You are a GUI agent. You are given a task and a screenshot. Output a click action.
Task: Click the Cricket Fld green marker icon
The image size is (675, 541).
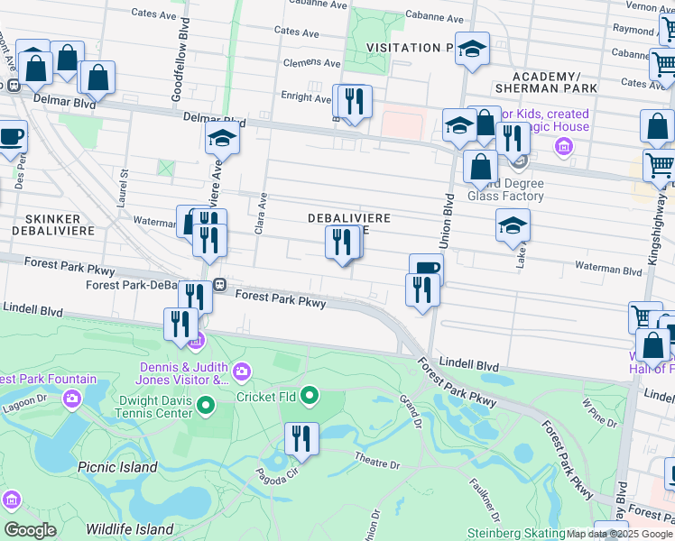[x=310, y=396]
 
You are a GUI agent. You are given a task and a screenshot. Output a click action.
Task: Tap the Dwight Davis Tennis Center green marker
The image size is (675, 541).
[x=205, y=405]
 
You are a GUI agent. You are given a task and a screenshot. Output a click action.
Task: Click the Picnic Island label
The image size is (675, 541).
[x=118, y=467]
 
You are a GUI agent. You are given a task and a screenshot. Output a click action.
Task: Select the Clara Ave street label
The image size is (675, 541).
[x=262, y=214]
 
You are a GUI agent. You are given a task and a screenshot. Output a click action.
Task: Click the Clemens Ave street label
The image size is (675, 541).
[x=312, y=64]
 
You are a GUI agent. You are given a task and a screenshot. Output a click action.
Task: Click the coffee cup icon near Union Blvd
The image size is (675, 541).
[x=426, y=268]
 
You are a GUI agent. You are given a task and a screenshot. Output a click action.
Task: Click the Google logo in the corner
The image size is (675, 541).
[x=30, y=530]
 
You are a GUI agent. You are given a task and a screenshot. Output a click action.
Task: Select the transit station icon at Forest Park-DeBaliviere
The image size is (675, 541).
[x=219, y=285]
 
